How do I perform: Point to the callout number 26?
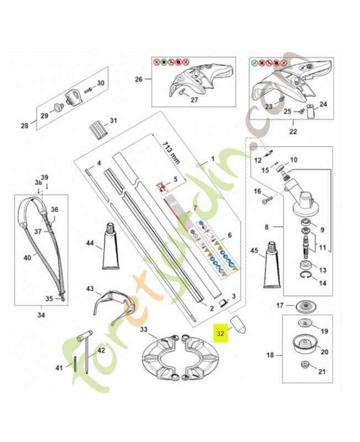(138, 79)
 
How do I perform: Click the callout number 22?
(292, 131)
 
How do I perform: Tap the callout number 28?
(24, 126)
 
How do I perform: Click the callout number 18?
(270, 355)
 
